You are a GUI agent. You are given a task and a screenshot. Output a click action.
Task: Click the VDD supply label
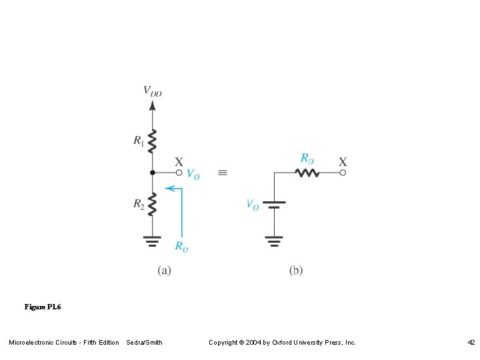click(153, 91)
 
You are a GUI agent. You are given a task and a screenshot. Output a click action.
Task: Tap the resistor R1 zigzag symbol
click(153, 141)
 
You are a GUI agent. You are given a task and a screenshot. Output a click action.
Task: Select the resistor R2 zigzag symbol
click(153, 204)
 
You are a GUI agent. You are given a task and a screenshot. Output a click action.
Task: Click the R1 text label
click(139, 141)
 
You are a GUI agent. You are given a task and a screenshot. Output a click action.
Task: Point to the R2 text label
click(139, 204)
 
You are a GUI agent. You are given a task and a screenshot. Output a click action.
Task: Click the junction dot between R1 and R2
click(153, 173)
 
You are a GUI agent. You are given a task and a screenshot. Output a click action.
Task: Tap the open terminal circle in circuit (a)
click(179, 173)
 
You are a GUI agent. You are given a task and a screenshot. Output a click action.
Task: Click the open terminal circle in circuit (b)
click(343, 173)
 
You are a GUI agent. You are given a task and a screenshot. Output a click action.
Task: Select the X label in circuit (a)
click(179, 161)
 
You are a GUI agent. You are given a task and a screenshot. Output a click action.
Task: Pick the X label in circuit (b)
click(343, 161)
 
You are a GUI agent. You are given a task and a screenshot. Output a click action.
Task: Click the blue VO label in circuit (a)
click(193, 175)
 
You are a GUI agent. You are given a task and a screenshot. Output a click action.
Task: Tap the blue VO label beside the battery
click(253, 205)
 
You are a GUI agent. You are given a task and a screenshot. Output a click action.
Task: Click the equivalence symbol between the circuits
click(223, 173)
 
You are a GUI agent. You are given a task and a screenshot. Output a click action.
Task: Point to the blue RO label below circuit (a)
click(181, 246)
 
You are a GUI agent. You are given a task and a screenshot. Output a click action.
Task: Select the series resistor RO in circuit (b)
click(307, 173)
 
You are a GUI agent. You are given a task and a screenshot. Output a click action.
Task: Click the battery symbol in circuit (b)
click(274, 204)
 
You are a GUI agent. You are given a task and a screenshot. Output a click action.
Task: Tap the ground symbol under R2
click(153, 240)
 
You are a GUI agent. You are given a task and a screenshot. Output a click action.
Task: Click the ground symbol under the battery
click(274, 240)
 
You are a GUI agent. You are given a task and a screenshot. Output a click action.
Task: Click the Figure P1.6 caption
click(42, 307)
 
